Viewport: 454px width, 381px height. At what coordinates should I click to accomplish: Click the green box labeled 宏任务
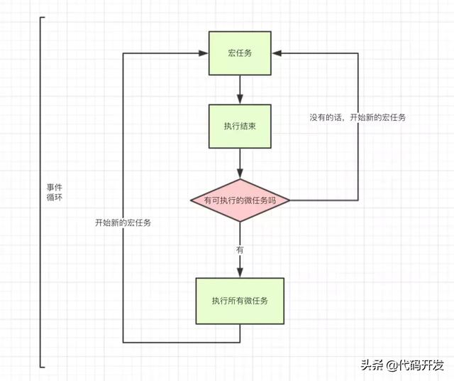240,53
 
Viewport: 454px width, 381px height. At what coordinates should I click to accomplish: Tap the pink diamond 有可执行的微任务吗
240,200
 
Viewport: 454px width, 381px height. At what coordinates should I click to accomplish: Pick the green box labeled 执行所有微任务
240,301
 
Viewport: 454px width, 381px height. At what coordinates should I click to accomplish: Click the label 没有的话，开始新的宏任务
358,117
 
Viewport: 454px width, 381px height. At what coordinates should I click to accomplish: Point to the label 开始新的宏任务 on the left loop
123,222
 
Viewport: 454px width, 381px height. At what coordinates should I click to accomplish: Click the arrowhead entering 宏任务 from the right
276,53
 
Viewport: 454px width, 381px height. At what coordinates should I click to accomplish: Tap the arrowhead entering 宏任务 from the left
204,53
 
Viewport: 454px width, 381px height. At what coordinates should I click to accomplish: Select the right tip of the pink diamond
290,200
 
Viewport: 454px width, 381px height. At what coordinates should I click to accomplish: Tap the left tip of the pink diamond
190,200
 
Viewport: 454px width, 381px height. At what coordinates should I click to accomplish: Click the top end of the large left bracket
43,16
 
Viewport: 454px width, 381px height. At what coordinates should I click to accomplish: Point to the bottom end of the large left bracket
43,367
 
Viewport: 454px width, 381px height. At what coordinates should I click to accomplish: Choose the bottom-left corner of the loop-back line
123,342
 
